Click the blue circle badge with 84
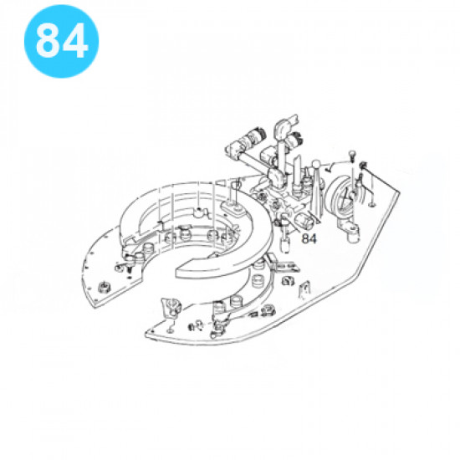click(x=62, y=41)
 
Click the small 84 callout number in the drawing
click(x=309, y=239)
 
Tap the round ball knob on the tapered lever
click(x=316, y=165)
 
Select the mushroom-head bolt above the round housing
click(x=352, y=155)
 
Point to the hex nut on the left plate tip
click(x=104, y=286)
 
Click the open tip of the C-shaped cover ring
click(x=180, y=270)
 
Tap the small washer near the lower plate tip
click(x=169, y=330)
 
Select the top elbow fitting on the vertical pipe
click(x=282, y=125)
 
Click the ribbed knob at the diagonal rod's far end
click(x=256, y=135)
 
